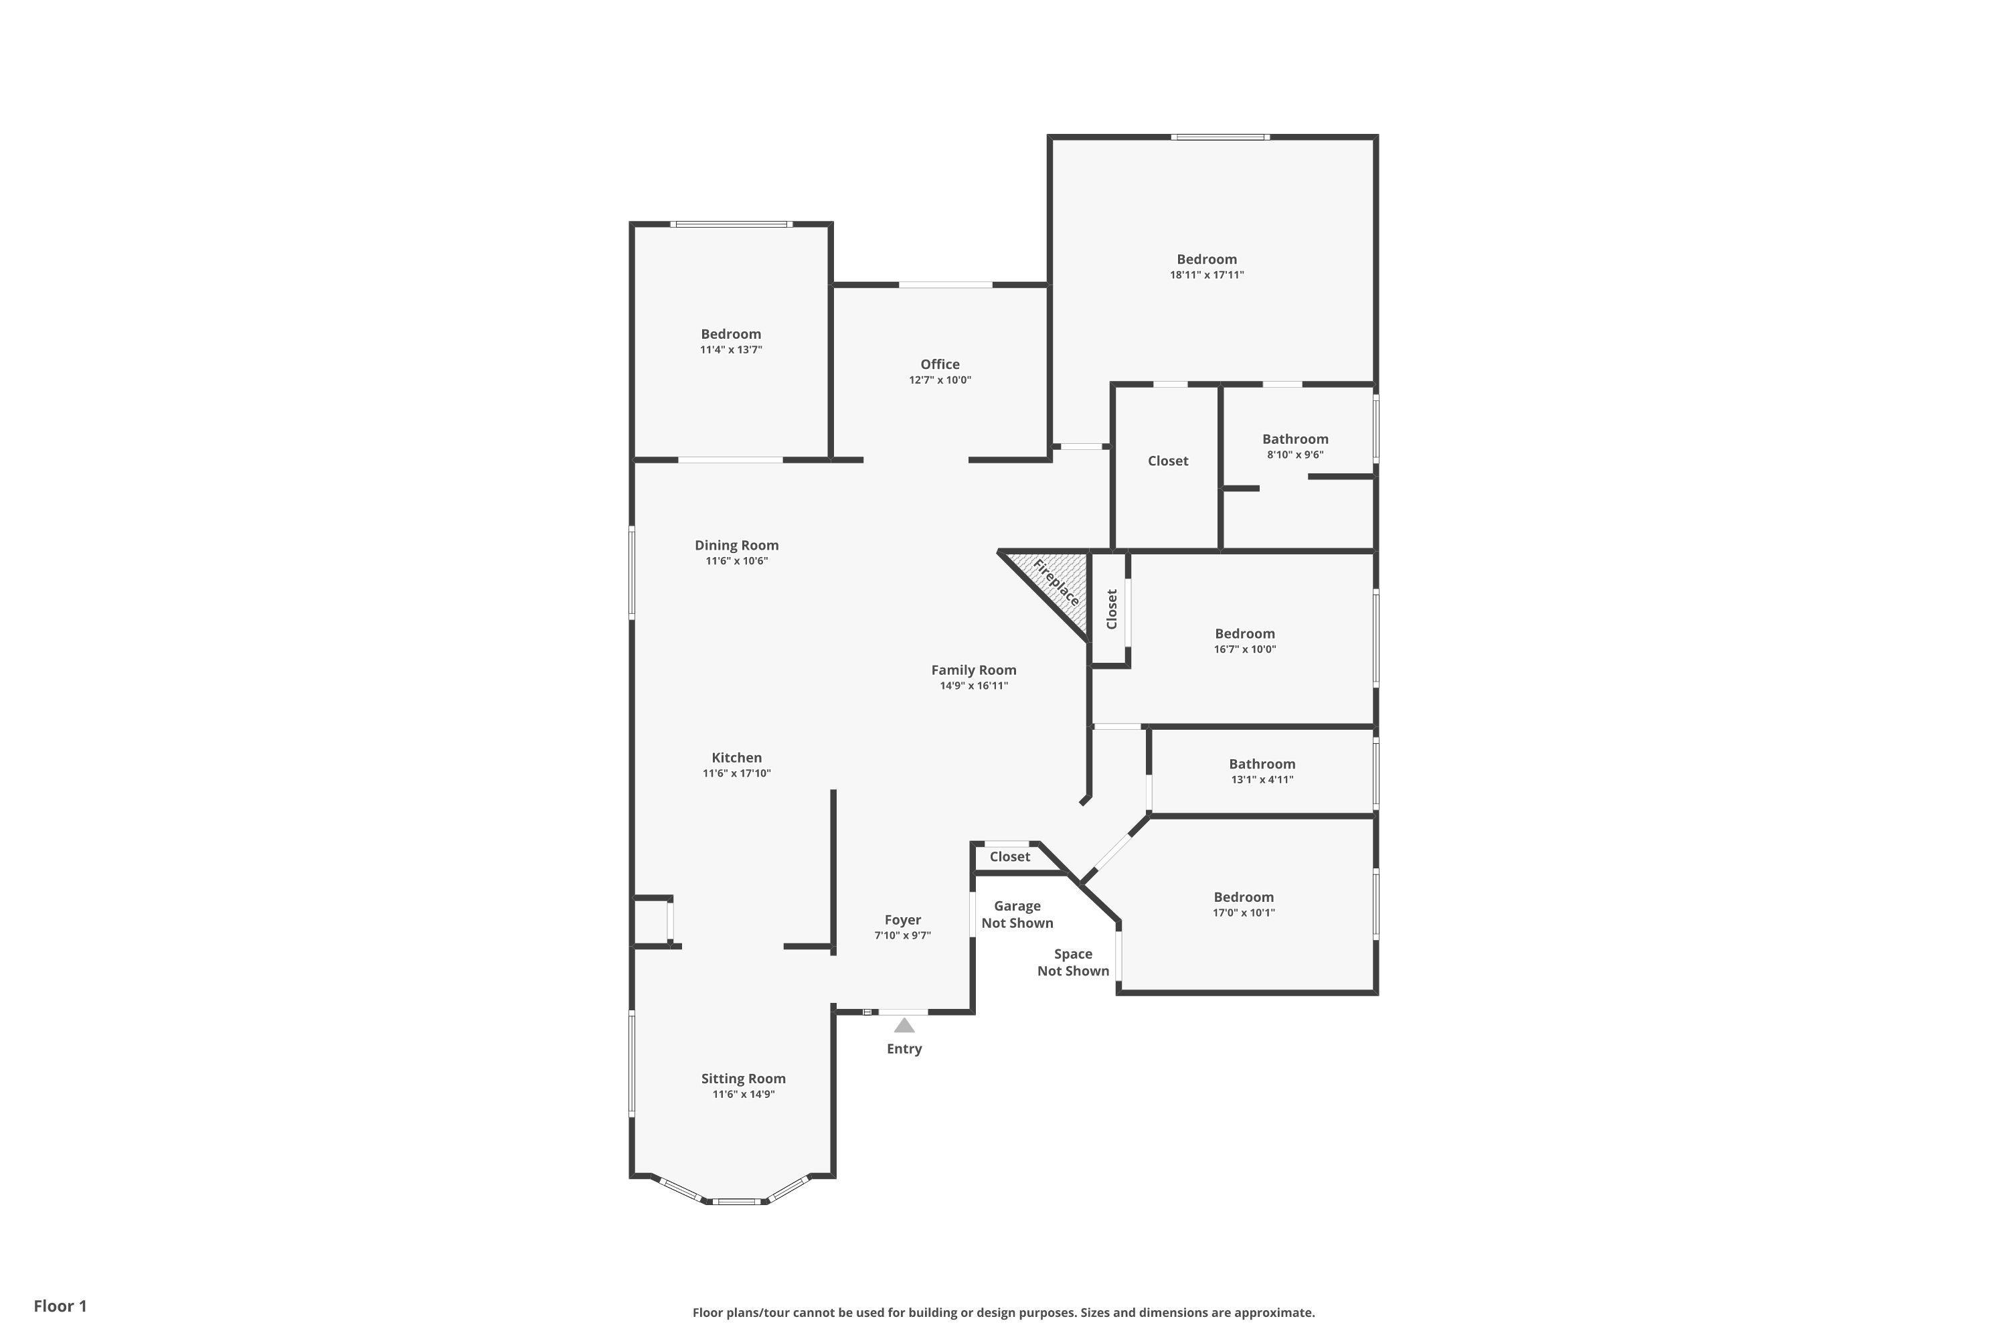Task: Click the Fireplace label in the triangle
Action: click(x=1056, y=582)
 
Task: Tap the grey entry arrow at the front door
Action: click(x=904, y=1025)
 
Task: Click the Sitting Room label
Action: click(x=744, y=1079)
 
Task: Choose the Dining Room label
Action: click(x=737, y=546)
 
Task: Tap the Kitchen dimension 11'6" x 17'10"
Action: click(x=737, y=774)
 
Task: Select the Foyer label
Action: click(x=902, y=920)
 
